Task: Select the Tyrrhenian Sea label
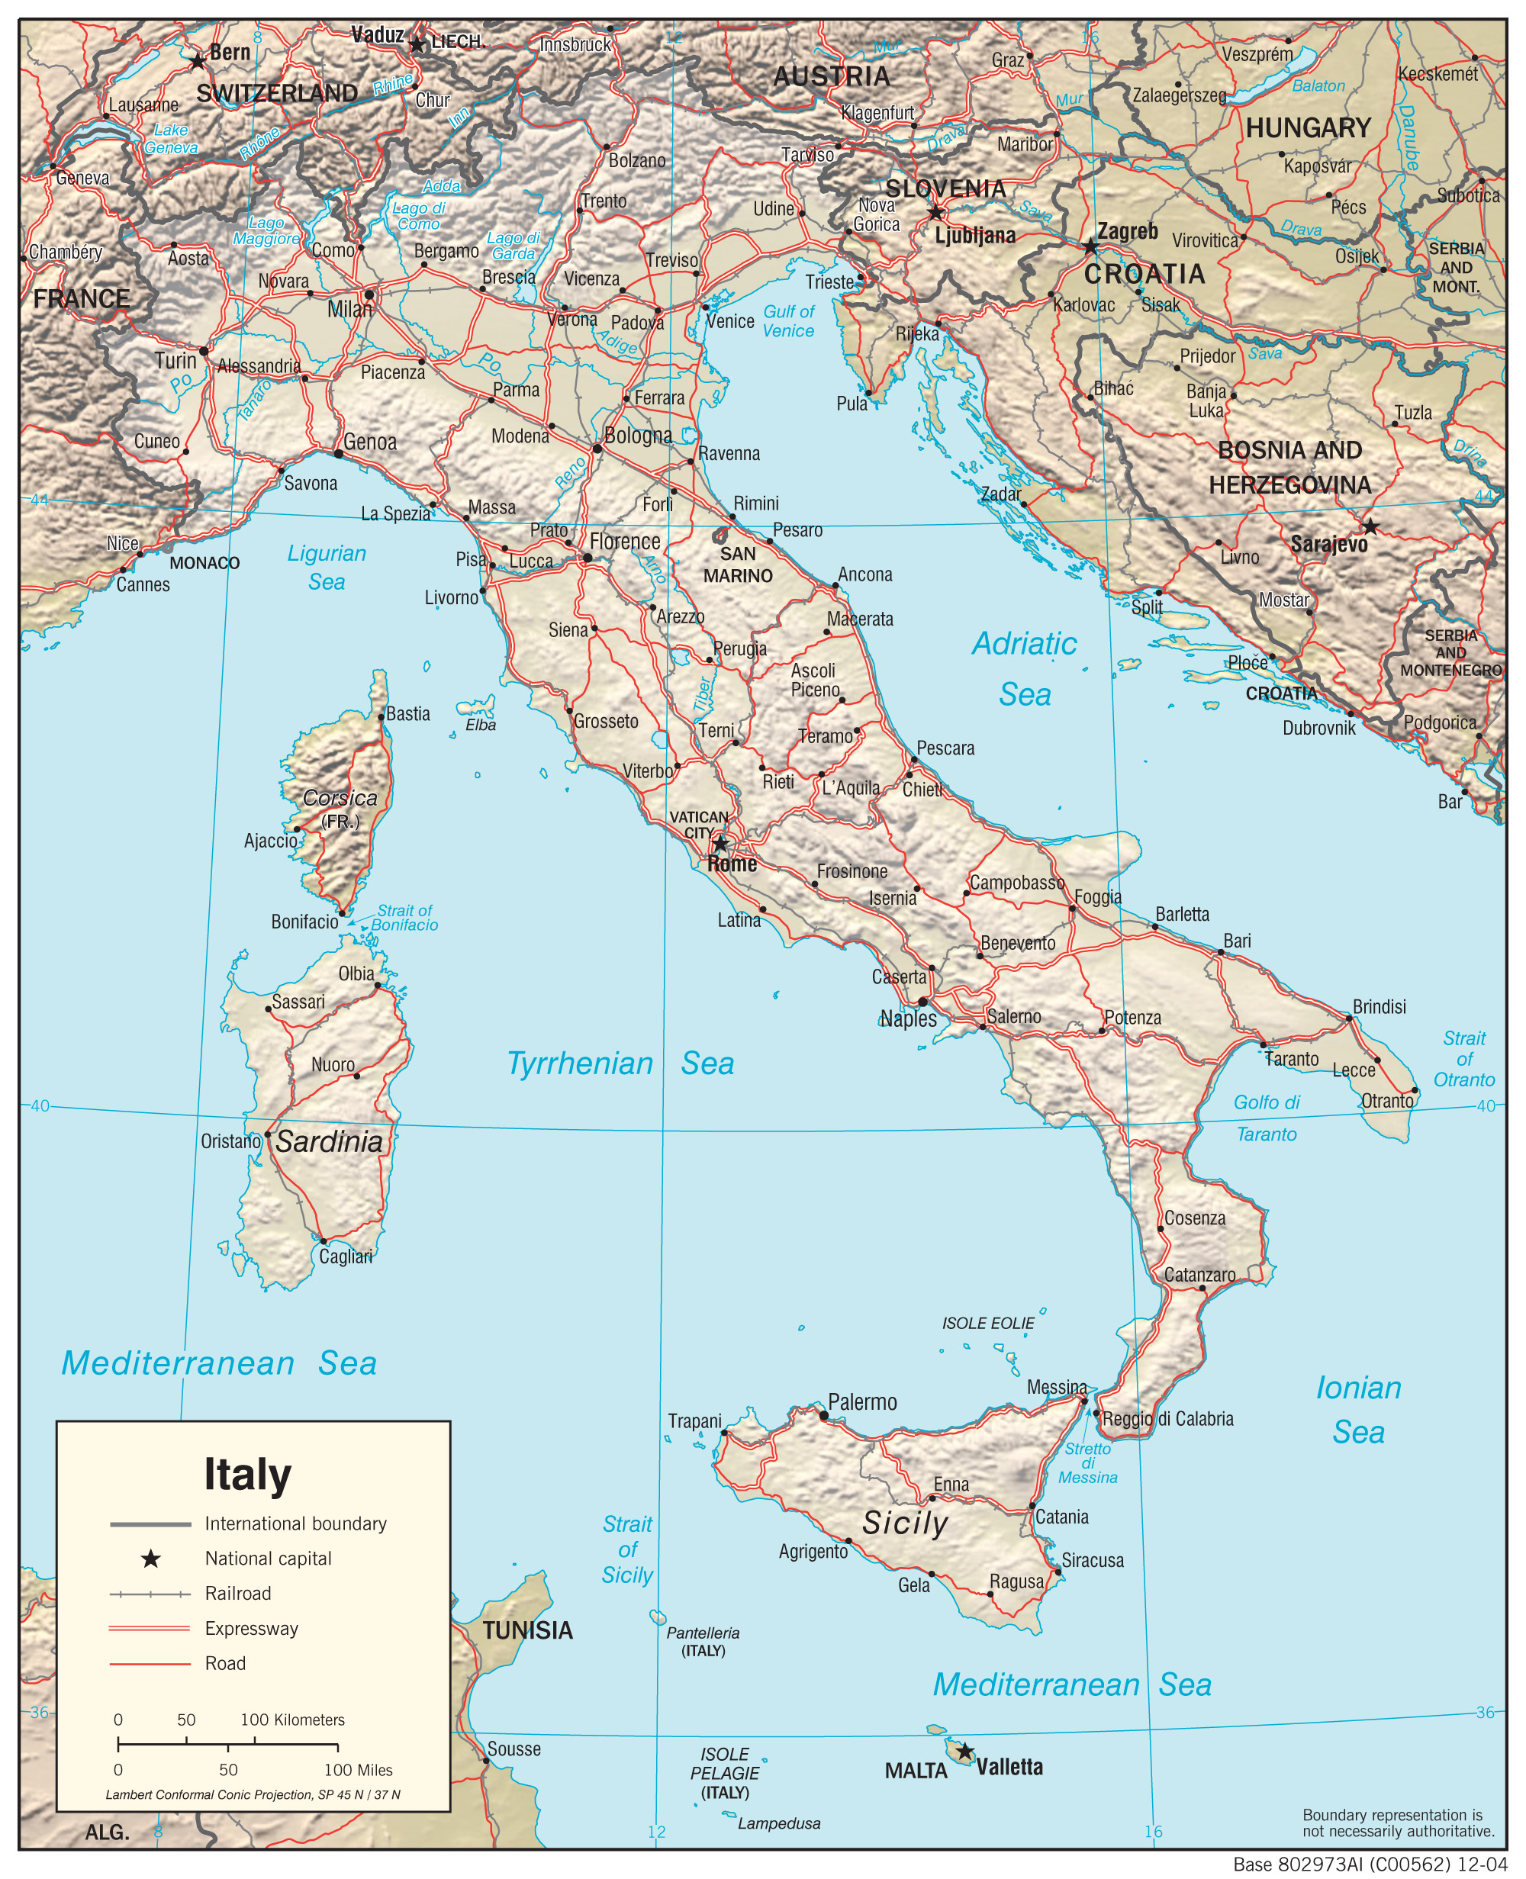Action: tap(620, 1063)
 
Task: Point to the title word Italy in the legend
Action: tap(247, 1475)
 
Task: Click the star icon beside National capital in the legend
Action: tap(150, 1559)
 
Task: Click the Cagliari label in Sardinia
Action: tap(346, 1256)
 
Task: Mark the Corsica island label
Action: tap(340, 798)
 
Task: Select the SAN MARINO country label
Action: tap(738, 565)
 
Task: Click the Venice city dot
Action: tap(705, 307)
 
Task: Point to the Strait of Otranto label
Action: tap(1463, 1059)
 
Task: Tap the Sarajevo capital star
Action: tap(1370, 527)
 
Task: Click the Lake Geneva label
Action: tap(172, 139)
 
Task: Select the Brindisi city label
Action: tap(1380, 1006)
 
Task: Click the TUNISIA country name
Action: tap(527, 1630)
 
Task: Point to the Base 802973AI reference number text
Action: tap(1370, 1865)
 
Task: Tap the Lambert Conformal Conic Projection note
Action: tap(253, 1794)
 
